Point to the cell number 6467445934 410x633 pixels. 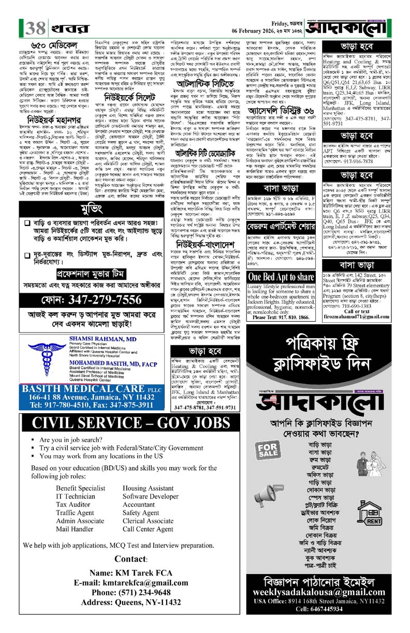tap(338, 610)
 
